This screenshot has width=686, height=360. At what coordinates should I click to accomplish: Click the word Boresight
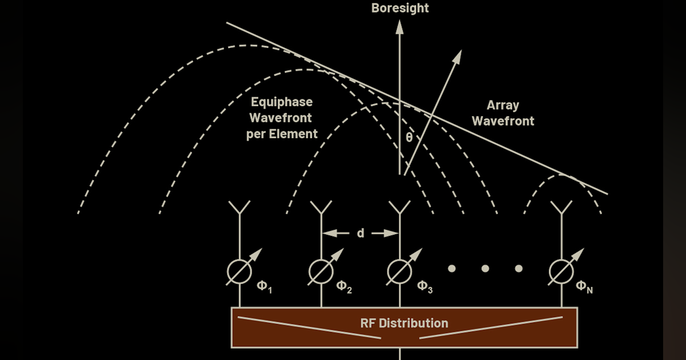400,8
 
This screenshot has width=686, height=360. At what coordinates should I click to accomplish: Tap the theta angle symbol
409,137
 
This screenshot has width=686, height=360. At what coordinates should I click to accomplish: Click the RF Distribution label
404,323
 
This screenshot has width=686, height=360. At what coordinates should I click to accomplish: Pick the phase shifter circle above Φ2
321,272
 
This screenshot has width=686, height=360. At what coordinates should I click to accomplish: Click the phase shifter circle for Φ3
400,272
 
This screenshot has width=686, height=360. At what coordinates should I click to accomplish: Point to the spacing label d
361,233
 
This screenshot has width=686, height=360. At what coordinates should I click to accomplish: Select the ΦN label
584,286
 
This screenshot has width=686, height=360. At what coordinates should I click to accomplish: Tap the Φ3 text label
425,286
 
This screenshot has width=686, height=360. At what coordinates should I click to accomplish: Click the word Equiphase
282,102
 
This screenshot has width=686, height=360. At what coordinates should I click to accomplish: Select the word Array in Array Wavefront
503,105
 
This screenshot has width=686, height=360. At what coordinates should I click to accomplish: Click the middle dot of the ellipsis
485,268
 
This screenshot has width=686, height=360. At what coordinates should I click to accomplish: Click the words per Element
282,134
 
